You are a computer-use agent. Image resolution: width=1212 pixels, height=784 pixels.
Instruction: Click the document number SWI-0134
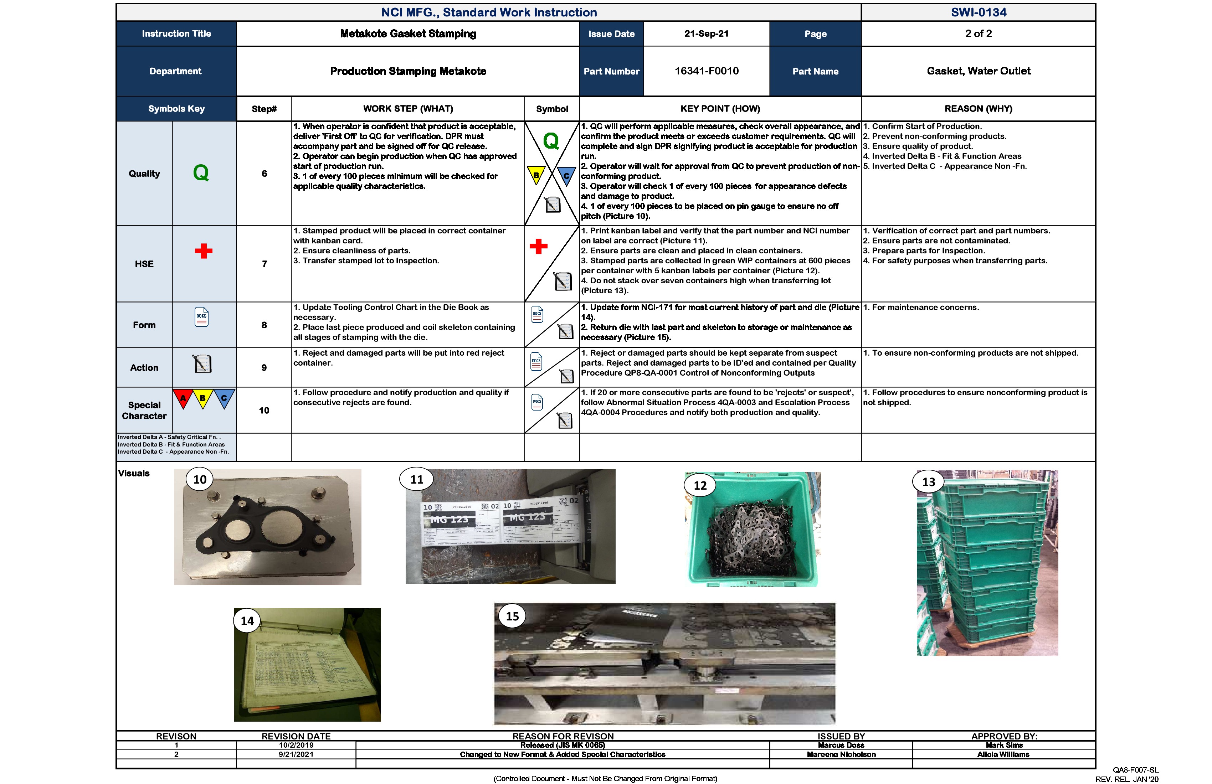[978, 12]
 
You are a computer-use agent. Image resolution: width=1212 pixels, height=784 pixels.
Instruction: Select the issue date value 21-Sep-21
[706, 33]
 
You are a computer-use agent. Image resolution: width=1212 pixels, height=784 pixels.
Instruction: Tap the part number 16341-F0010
[706, 71]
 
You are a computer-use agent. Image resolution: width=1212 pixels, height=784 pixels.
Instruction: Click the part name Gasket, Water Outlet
[978, 71]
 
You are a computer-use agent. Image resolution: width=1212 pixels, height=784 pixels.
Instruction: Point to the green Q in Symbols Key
[201, 173]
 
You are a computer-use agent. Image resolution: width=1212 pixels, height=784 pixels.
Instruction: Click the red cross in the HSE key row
[203, 251]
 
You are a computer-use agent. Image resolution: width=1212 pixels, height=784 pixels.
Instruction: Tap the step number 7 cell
[264, 264]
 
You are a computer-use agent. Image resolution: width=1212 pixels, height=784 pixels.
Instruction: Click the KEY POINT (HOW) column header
[720, 108]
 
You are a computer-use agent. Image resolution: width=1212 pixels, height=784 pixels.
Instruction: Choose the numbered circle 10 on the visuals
[200, 479]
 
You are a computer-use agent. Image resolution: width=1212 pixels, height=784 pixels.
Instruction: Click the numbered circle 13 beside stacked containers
[928, 481]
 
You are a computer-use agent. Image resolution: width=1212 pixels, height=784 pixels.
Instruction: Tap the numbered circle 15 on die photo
[512, 616]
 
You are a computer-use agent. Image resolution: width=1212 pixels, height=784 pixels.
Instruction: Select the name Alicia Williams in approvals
[1003, 754]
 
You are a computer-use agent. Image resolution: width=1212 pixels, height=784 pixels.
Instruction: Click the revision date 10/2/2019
[296, 745]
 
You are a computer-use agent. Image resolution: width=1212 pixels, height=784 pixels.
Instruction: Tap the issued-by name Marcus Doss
[841, 745]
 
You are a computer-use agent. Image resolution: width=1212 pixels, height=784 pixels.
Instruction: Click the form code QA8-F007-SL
[1135, 770]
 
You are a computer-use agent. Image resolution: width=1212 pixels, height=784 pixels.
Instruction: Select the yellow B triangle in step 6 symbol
[536, 175]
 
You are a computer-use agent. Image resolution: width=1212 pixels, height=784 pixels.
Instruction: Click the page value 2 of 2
[978, 33]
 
